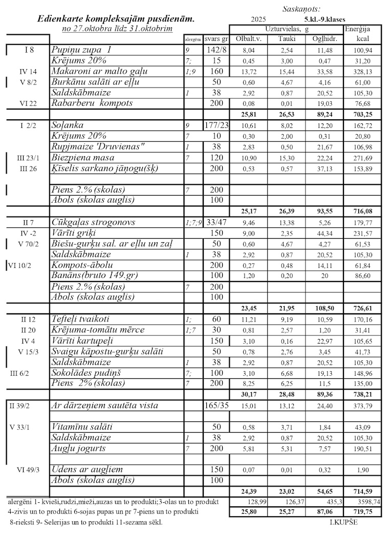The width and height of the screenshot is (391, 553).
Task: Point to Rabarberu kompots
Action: pyautogui.click(x=92, y=103)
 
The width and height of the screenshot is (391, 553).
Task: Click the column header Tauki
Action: pyautogui.click(x=286, y=39)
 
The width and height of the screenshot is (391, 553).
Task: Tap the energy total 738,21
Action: pyautogui.click(x=362, y=394)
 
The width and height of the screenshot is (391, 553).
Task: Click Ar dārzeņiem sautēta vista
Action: pyautogui.click(x=104, y=406)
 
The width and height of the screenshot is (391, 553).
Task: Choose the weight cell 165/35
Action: pyautogui.click(x=215, y=406)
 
